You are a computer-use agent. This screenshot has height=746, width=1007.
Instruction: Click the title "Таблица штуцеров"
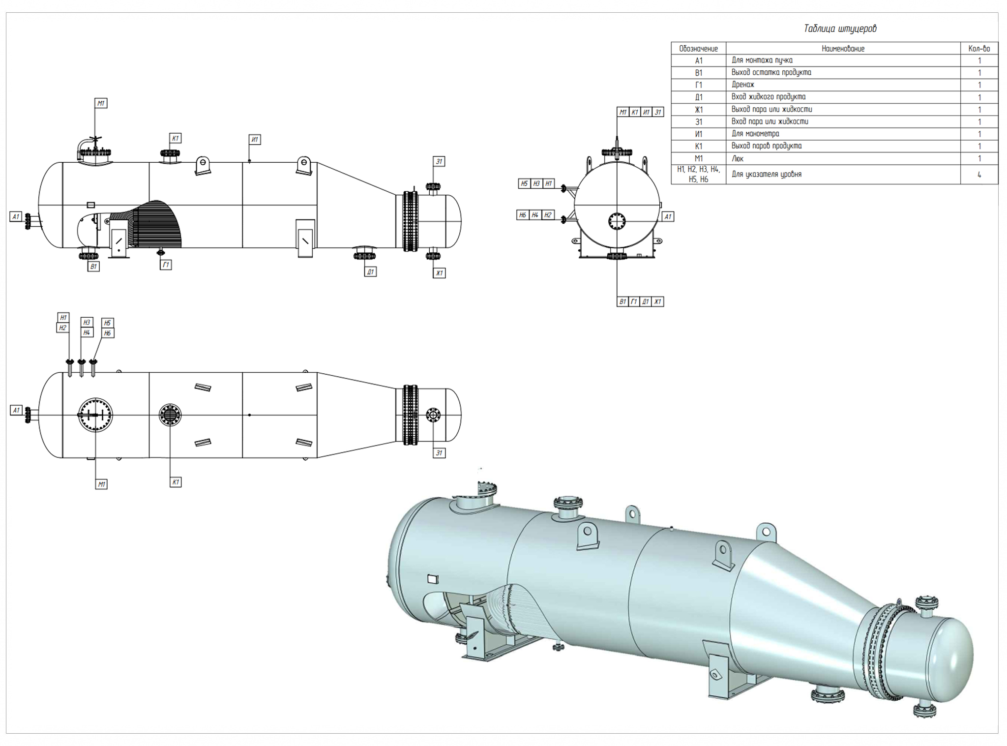[840, 29]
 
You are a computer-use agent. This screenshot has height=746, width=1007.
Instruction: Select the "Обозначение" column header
[698, 49]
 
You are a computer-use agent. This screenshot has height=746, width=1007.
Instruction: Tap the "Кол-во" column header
[978, 49]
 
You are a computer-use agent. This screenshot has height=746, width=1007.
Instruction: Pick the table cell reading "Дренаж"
[743, 85]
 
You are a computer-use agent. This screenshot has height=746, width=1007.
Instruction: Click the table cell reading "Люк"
[738, 158]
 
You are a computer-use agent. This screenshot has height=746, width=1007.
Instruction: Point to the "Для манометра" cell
[755, 134]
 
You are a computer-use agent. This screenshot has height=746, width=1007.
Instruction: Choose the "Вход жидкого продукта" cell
[768, 97]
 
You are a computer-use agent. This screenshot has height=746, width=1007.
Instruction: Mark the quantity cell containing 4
[979, 175]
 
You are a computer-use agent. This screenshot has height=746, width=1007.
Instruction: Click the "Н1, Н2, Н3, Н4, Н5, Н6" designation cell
[698, 175]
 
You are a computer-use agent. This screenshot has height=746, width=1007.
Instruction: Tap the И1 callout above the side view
[255, 140]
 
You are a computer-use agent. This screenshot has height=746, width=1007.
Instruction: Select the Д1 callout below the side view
[371, 271]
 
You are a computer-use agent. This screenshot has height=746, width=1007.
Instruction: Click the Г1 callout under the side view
[166, 265]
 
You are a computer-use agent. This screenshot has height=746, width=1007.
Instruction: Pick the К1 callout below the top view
[176, 482]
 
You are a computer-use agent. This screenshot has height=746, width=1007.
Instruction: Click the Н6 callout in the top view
[107, 333]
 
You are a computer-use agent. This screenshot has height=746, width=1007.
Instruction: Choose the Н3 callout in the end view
[536, 183]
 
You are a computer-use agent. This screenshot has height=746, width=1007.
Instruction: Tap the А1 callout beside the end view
[667, 216]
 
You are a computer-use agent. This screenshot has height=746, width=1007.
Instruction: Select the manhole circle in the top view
[95, 415]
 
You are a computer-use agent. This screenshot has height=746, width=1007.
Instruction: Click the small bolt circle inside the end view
[616, 221]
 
